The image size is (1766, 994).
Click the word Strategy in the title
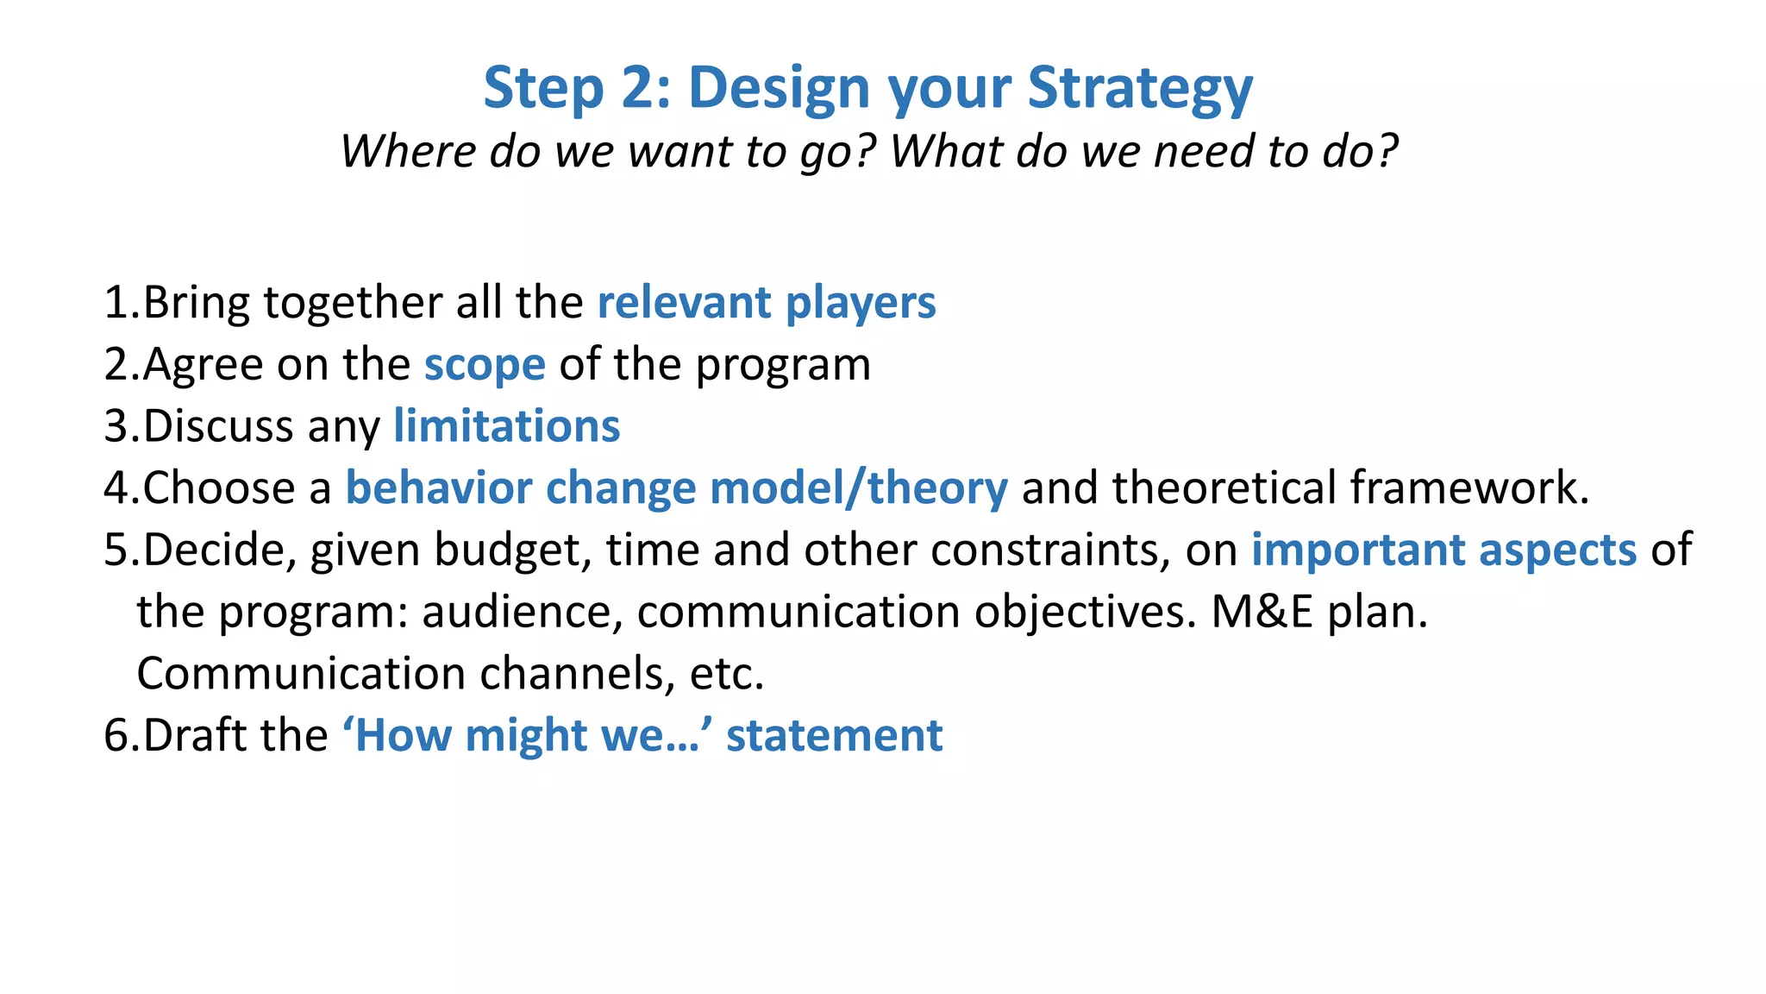(x=1140, y=90)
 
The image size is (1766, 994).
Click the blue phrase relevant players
(x=766, y=304)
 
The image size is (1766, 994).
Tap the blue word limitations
(x=506, y=426)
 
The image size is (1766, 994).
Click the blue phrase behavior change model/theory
(x=676, y=488)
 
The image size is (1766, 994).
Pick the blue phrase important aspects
(x=1443, y=550)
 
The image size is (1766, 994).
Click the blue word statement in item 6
(x=834, y=736)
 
